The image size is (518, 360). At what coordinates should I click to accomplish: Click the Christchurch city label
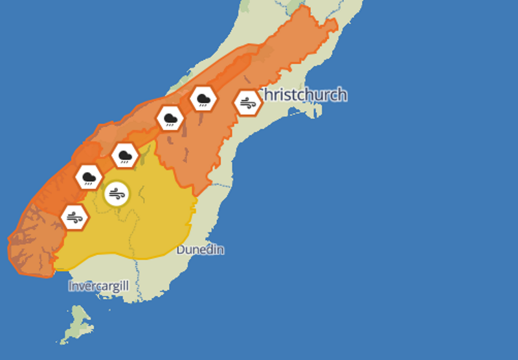[303, 95]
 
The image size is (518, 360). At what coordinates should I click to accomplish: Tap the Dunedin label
[200, 249]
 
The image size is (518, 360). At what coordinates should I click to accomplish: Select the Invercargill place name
[99, 286]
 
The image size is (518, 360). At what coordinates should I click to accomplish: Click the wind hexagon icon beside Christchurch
[247, 102]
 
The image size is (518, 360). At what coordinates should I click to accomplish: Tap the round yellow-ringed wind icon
[117, 193]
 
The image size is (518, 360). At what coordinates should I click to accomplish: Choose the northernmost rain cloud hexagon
[203, 99]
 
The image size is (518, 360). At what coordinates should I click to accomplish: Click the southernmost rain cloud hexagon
[88, 177]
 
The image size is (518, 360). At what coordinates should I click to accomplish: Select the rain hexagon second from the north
[170, 118]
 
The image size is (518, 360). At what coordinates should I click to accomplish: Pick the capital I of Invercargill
[71, 286]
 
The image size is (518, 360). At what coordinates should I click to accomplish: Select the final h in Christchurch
[342, 95]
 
